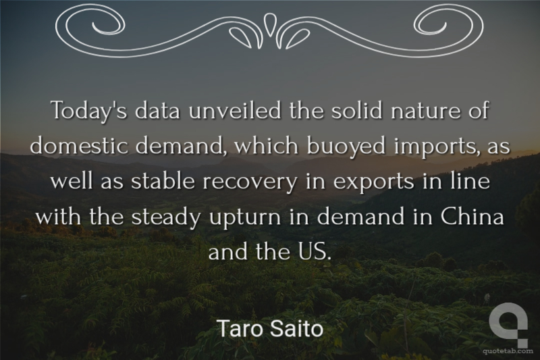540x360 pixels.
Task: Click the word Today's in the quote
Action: (90, 110)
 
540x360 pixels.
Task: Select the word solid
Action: (357, 110)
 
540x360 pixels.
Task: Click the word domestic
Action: (80, 145)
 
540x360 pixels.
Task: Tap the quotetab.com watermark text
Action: (508, 351)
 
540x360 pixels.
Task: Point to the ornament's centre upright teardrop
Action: (269, 24)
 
